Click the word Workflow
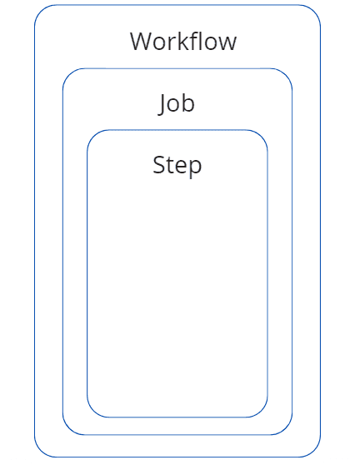point(183,41)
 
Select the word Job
point(177,104)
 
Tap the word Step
point(177,166)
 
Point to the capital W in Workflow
point(142,42)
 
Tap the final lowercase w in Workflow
point(227,44)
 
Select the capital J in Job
point(162,104)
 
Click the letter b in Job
point(188,102)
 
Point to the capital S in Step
point(158,165)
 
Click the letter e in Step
point(181,167)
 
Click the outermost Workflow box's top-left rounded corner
point(40,11)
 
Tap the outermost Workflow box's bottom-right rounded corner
point(314,451)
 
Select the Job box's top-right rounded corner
point(286,75)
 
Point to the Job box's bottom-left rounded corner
point(69,429)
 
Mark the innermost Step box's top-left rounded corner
point(92,136)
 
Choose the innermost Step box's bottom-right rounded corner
point(262,412)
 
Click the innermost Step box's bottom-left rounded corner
point(92,412)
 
